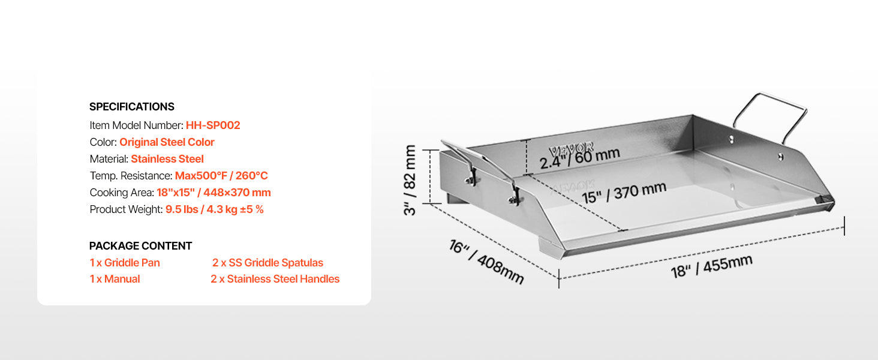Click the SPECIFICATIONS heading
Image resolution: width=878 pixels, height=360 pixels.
point(131,107)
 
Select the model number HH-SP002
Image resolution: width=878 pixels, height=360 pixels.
point(213,125)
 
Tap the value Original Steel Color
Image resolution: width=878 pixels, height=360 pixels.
point(167,142)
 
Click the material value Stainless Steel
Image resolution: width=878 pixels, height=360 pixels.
point(167,159)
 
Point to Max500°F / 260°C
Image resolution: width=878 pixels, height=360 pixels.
point(221,176)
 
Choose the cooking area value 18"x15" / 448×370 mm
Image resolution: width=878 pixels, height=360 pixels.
point(214,193)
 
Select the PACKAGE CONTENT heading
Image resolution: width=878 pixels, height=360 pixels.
point(140,246)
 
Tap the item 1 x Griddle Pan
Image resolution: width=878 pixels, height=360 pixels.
point(125,263)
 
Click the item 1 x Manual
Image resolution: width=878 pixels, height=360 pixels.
point(115,279)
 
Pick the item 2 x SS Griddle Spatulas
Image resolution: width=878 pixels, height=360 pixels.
point(267,263)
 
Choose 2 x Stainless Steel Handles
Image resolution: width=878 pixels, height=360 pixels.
point(275,279)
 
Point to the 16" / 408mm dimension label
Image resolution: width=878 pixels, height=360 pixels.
point(486,262)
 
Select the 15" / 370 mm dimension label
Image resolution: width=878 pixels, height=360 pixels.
point(623,194)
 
